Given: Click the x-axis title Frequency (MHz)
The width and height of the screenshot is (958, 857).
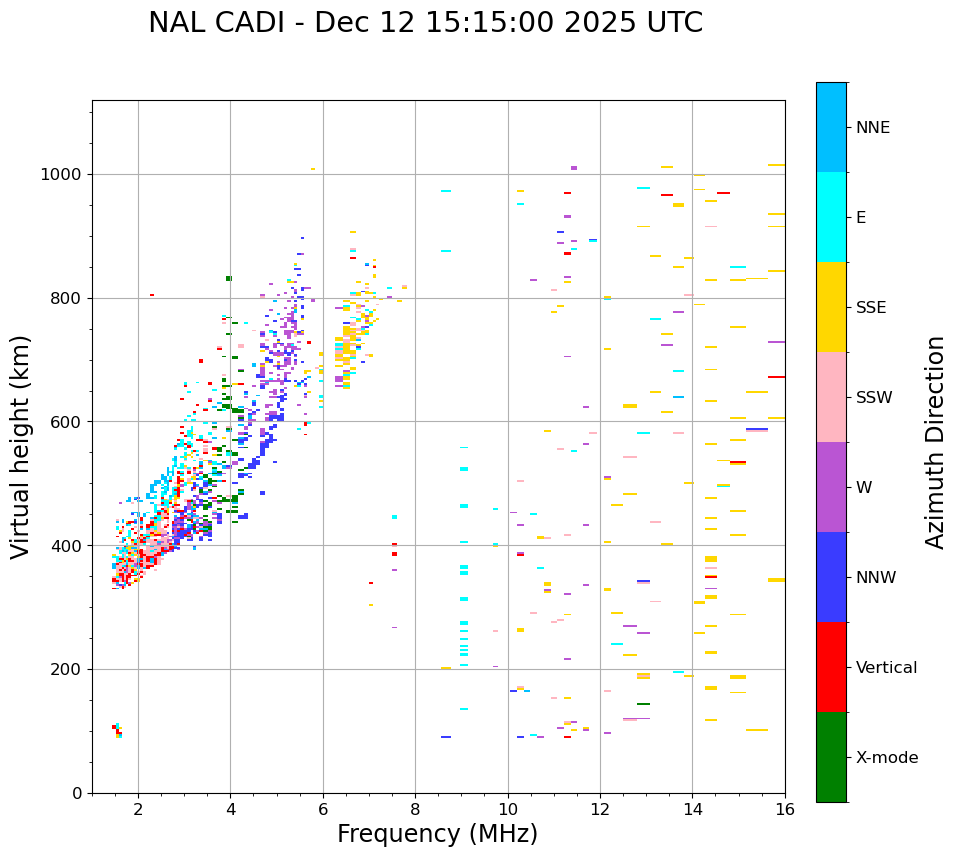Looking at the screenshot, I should click(x=437, y=834).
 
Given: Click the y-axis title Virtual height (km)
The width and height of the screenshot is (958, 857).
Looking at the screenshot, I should click(x=21, y=446).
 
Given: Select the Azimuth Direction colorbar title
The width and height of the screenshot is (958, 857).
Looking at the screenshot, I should click(x=935, y=442).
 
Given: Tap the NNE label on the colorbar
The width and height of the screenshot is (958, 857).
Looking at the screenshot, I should click(x=872, y=128).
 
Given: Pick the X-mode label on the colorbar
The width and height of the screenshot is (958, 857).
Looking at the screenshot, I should click(x=886, y=758).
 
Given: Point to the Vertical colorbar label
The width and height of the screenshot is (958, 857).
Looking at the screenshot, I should click(x=886, y=668).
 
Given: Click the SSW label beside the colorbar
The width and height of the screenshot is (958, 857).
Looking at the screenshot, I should click(x=874, y=398).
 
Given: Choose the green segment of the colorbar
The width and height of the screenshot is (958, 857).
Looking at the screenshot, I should click(x=831, y=757).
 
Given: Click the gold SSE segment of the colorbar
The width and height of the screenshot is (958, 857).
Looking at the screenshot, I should click(x=831, y=307).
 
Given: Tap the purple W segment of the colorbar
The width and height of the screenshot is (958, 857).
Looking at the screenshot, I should click(x=831, y=487).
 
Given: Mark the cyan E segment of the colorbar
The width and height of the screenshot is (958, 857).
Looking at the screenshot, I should click(x=831, y=217).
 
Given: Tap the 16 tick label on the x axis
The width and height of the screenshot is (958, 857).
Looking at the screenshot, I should click(x=785, y=809).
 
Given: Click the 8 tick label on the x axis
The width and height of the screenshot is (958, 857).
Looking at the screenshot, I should click(x=415, y=809).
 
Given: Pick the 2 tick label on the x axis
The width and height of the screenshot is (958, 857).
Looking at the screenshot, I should click(x=138, y=809).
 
